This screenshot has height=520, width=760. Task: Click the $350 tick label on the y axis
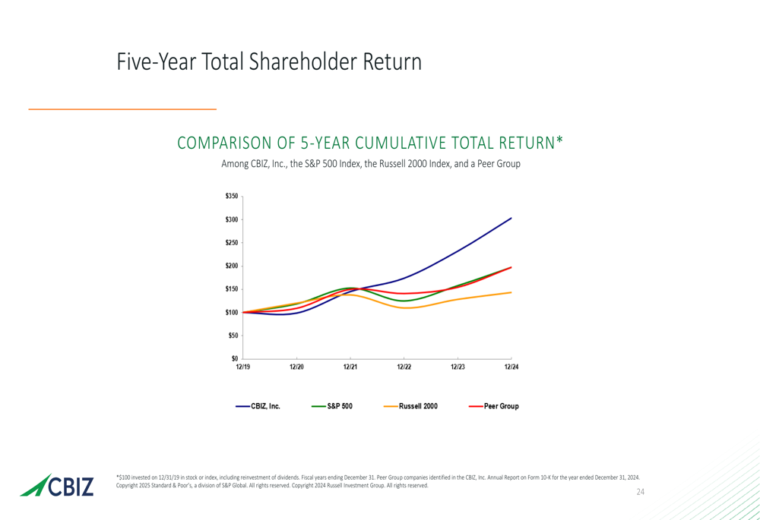tap(231, 197)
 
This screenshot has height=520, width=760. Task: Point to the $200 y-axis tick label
tap(231, 266)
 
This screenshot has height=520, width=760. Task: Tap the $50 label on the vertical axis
tap(233, 336)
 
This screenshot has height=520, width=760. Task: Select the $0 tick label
tap(234, 358)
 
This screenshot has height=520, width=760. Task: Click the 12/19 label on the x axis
tap(242, 367)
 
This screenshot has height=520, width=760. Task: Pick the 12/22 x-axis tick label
tap(404, 367)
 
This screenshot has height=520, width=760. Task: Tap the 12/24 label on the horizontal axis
tap(511, 367)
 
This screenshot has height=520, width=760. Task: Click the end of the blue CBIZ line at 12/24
tap(511, 218)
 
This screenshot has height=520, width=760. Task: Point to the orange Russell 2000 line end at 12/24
tap(511, 292)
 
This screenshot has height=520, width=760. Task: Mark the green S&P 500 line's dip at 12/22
tap(404, 301)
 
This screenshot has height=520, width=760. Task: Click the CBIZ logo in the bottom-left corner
tap(58, 485)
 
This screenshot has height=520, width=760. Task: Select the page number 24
tap(640, 493)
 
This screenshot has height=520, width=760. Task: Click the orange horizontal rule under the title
tap(122, 110)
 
